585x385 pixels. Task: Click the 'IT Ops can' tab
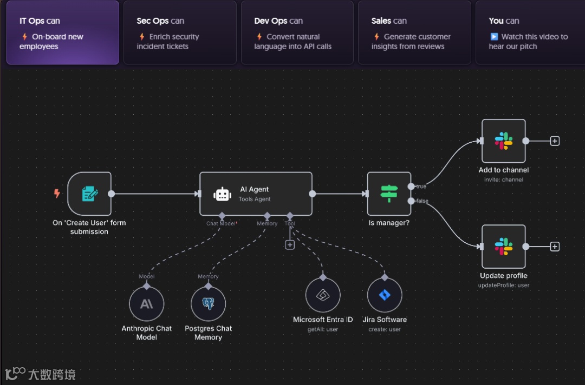tap(62, 33)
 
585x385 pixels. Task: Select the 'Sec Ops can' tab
tap(180, 33)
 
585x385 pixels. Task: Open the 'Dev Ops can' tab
tap(297, 33)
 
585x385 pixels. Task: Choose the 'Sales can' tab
tap(414, 33)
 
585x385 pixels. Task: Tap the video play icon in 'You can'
tap(494, 37)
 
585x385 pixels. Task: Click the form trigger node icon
tap(89, 194)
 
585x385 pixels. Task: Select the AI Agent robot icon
tap(223, 194)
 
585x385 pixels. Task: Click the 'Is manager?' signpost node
tap(389, 194)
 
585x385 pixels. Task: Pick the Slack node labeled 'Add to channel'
tap(503, 141)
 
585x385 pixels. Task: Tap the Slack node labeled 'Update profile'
tap(503, 247)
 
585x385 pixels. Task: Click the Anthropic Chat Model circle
tap(146, 304)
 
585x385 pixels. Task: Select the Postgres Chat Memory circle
tap(208, 304)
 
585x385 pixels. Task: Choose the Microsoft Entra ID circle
tap(323, 295)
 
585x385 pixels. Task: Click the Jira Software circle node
tap(385, 295)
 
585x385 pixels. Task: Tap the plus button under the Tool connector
tap(290, 245)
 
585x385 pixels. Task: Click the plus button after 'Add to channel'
tap(555, 141)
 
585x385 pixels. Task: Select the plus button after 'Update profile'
tap(555, 247)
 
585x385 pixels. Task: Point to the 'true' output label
tap(421, 187)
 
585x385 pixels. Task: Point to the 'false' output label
tap(422, 201)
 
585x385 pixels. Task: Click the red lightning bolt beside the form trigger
tap(57, 193)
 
